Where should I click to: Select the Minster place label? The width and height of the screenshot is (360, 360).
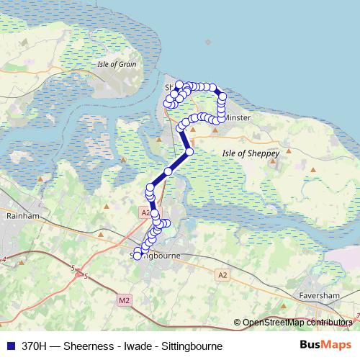(237, 117)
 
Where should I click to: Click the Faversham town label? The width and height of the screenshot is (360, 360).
(318, 295)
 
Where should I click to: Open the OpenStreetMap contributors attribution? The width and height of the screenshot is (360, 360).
(297, 323)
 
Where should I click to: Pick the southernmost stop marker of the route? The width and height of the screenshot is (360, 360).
(138, 256)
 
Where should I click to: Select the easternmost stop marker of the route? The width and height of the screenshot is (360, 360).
(222, 96)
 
